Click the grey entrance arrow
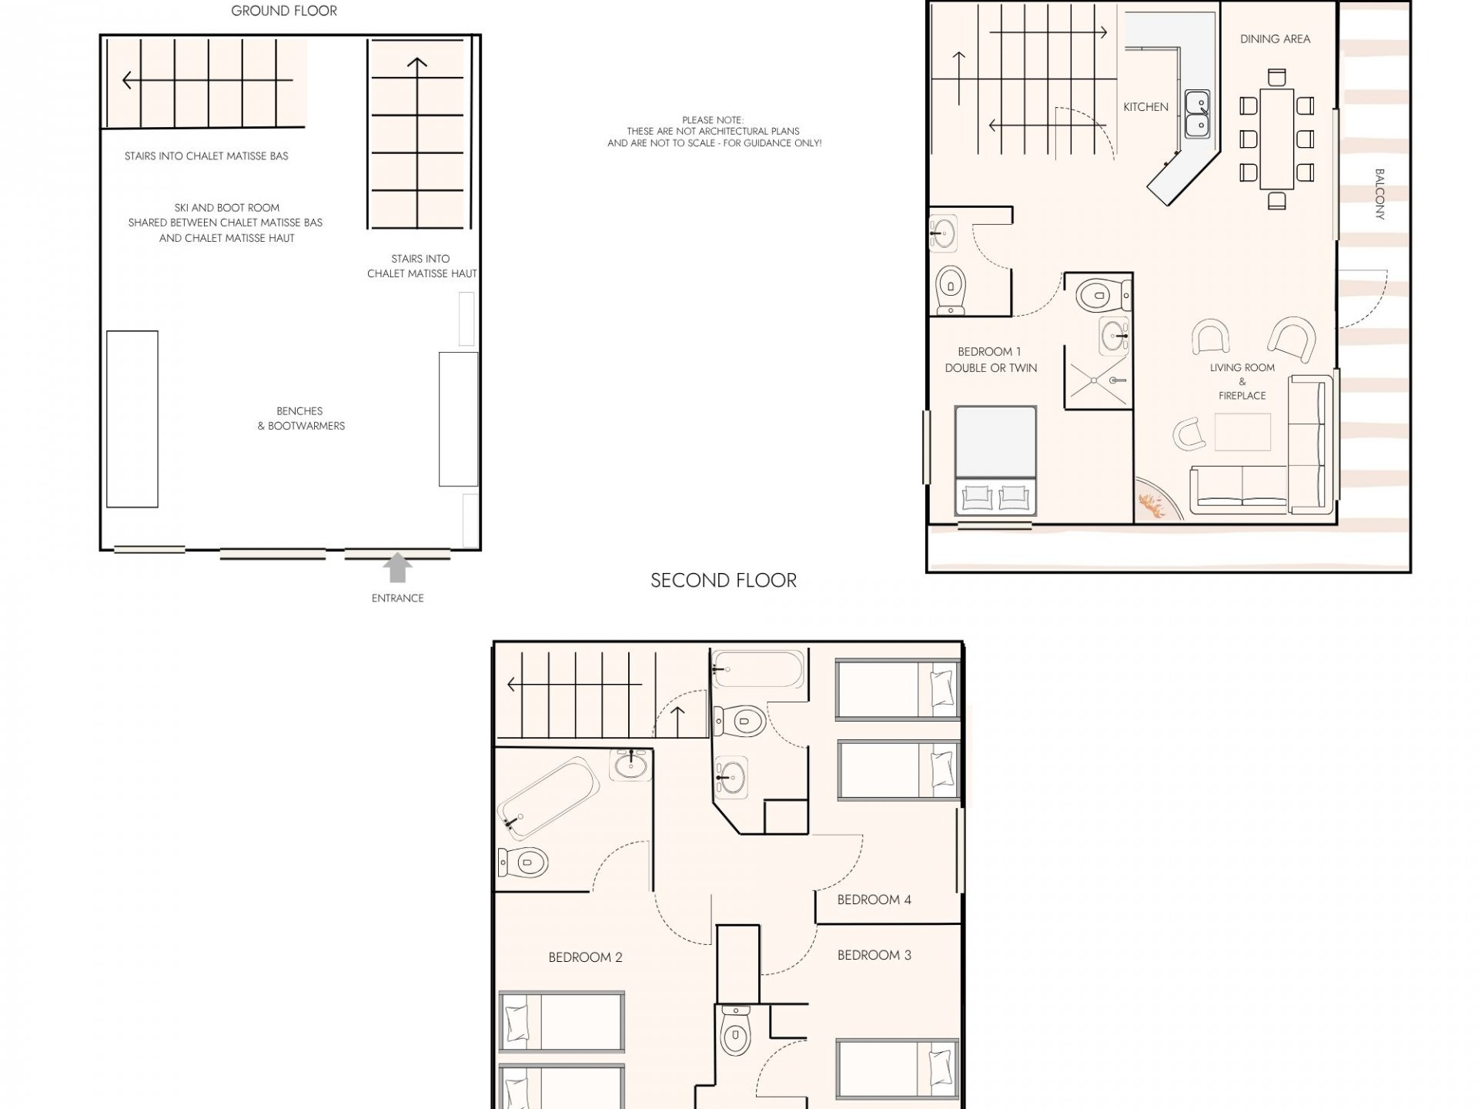tap(397, 568)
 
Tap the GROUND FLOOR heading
tap(284, 11)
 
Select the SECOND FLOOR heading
tap(724, 581)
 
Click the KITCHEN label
tap(1145, 107)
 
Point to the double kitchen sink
tap(1197, 113)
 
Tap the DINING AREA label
tap(1275, 39)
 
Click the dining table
tap(1276, 139)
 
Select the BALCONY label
tap(1379, 194)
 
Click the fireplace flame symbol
tap(1152, 507)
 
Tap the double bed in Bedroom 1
tap(995, 461)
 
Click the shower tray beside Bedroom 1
tap(1098, 377)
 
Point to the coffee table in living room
tap(1242, 431)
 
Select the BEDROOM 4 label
tap(874, 900)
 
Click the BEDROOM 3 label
tap(874, 955)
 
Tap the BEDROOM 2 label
tap(585, 957)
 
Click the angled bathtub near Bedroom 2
tap(548, 797)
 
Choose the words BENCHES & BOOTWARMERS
tap(301, 418)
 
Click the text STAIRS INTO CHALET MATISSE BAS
tap(206, 156)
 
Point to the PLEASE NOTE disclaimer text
tap(714, 132)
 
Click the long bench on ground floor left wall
tap(132, 419)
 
